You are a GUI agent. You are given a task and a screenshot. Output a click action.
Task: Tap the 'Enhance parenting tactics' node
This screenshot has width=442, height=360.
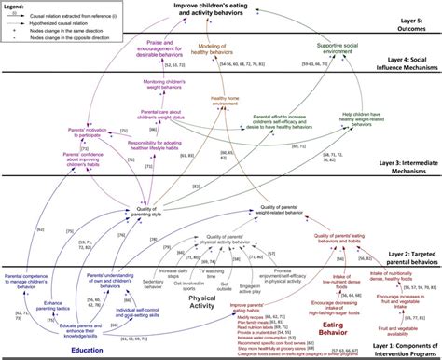34,297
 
